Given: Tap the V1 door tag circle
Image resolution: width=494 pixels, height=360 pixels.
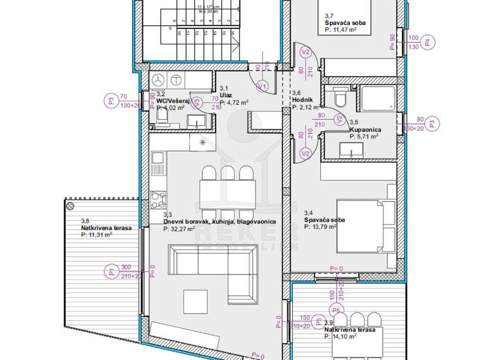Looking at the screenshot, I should (x=262, y=85).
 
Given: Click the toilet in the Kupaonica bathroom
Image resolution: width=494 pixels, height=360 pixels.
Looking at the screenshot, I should (x=340, y=98).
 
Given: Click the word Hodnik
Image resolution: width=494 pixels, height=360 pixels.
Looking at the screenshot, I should (x=302, y=100).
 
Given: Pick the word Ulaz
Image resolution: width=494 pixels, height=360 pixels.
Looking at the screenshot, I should (x=225, y=94).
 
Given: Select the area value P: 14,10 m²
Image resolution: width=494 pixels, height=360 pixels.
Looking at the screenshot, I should (x=345, y=336).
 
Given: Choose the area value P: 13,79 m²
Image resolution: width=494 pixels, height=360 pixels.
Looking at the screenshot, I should (x=324, y=227).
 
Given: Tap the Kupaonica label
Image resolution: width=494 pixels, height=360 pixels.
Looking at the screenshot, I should (x=363, y=129).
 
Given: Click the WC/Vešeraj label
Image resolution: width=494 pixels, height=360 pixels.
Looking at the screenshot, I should (x=172, y=101).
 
